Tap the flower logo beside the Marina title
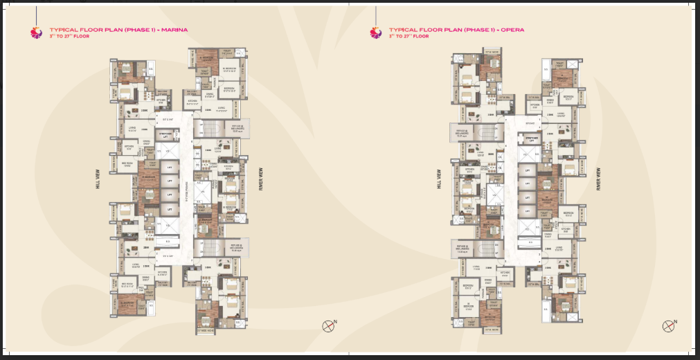pyautogui.click(x=37, y=32)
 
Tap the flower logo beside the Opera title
pyautogui.click(x=375, y=32)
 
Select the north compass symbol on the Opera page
pyautogui.click(x=668, y=326)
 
